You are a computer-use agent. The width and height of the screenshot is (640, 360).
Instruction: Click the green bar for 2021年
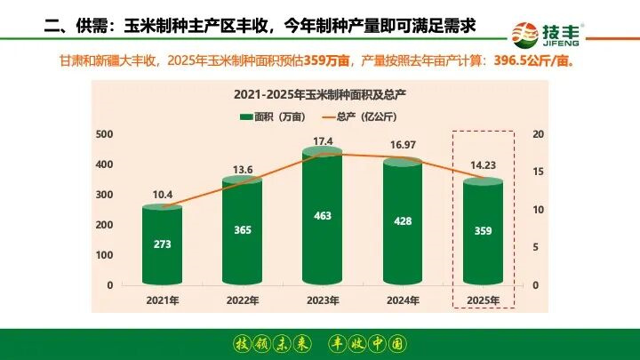click(163, 246)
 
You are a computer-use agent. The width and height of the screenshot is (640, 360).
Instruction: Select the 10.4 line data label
click(163, 194)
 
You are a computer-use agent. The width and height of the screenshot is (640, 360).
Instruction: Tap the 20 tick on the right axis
click(538, 133)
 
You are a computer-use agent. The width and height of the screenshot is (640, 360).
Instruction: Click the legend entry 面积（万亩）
click(268, 116)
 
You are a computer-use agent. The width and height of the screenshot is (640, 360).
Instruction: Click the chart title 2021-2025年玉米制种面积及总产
click(323, 93)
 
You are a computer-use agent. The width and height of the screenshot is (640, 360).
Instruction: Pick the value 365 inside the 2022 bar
click(243, 230)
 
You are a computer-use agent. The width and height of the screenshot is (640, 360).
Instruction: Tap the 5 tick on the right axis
click(536, 247)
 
